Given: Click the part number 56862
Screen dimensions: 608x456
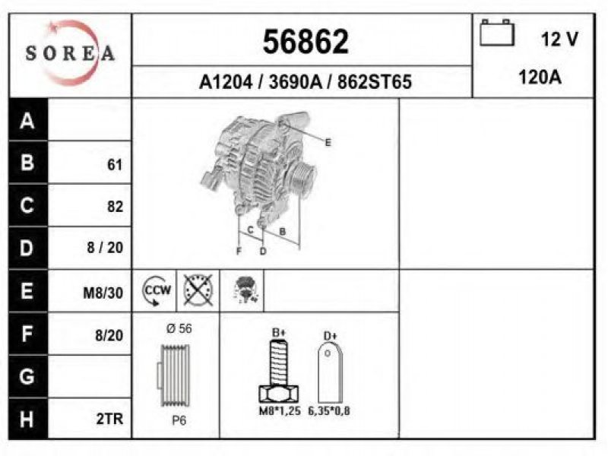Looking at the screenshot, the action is pyautogui.click(x=306, y=41).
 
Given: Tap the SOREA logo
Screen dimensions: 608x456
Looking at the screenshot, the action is pyautogui.click(x=70, y=53).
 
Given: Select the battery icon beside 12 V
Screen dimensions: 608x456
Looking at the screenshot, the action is pyautogui.click(x=497, y=33).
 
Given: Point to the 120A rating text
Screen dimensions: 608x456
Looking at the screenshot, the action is pyautogui.click(x=540, y=78).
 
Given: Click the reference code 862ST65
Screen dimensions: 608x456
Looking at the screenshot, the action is pyautogui.click(x=374, y=82).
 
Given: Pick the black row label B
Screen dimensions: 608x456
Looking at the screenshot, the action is pyautogui.click(x=27, y=162).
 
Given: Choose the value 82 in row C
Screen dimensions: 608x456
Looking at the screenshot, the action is pyautogui.click(x=116, y=206).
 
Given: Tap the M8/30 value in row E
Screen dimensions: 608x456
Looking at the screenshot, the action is pyautogui.click(x=103, y=293).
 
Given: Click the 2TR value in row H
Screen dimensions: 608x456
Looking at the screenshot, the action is pyautogui.click(x=109, y=419).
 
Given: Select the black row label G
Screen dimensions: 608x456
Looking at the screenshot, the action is pyautogui.click(x=27, y=376).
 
